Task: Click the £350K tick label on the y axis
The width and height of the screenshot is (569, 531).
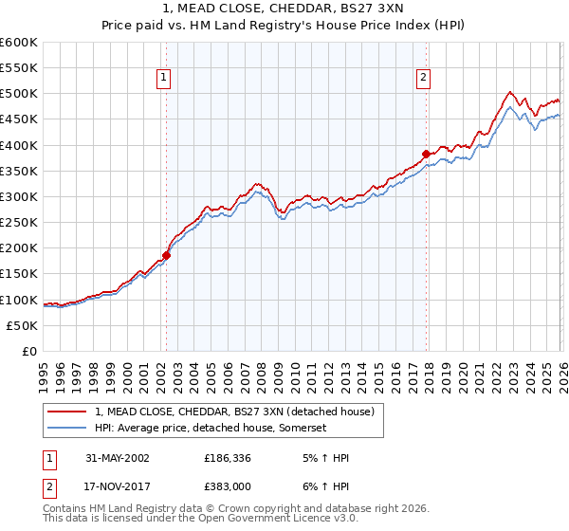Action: tap(19, 171)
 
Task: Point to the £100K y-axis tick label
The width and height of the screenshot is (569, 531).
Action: tap(19, 300)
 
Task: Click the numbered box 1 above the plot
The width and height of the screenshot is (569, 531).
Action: tap(165, 79)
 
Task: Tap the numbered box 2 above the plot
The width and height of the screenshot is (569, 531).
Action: tap(423, 79)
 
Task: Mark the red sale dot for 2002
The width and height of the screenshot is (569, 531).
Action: tap(166, 254)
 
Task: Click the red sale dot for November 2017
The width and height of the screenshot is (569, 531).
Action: tap(426, 154)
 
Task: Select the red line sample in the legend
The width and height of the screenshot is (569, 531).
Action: tap(66, 412)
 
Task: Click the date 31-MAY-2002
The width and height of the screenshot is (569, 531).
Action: tap(118, 457)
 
